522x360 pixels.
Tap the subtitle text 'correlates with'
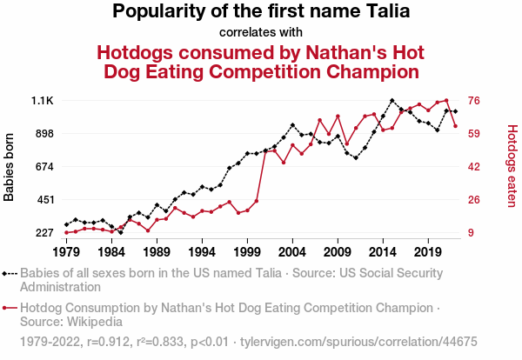point(261,33)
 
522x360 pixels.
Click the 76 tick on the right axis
point(475,101)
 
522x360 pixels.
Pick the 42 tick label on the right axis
point(475,167)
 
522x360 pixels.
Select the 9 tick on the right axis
point(472,233)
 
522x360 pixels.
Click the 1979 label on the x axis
point(66,252)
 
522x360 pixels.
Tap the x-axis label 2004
point(292,252)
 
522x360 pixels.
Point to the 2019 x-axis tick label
point(428,252)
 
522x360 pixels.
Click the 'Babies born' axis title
point(10,167)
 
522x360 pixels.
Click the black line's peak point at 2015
point(392,101)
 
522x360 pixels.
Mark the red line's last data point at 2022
point(455,126)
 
